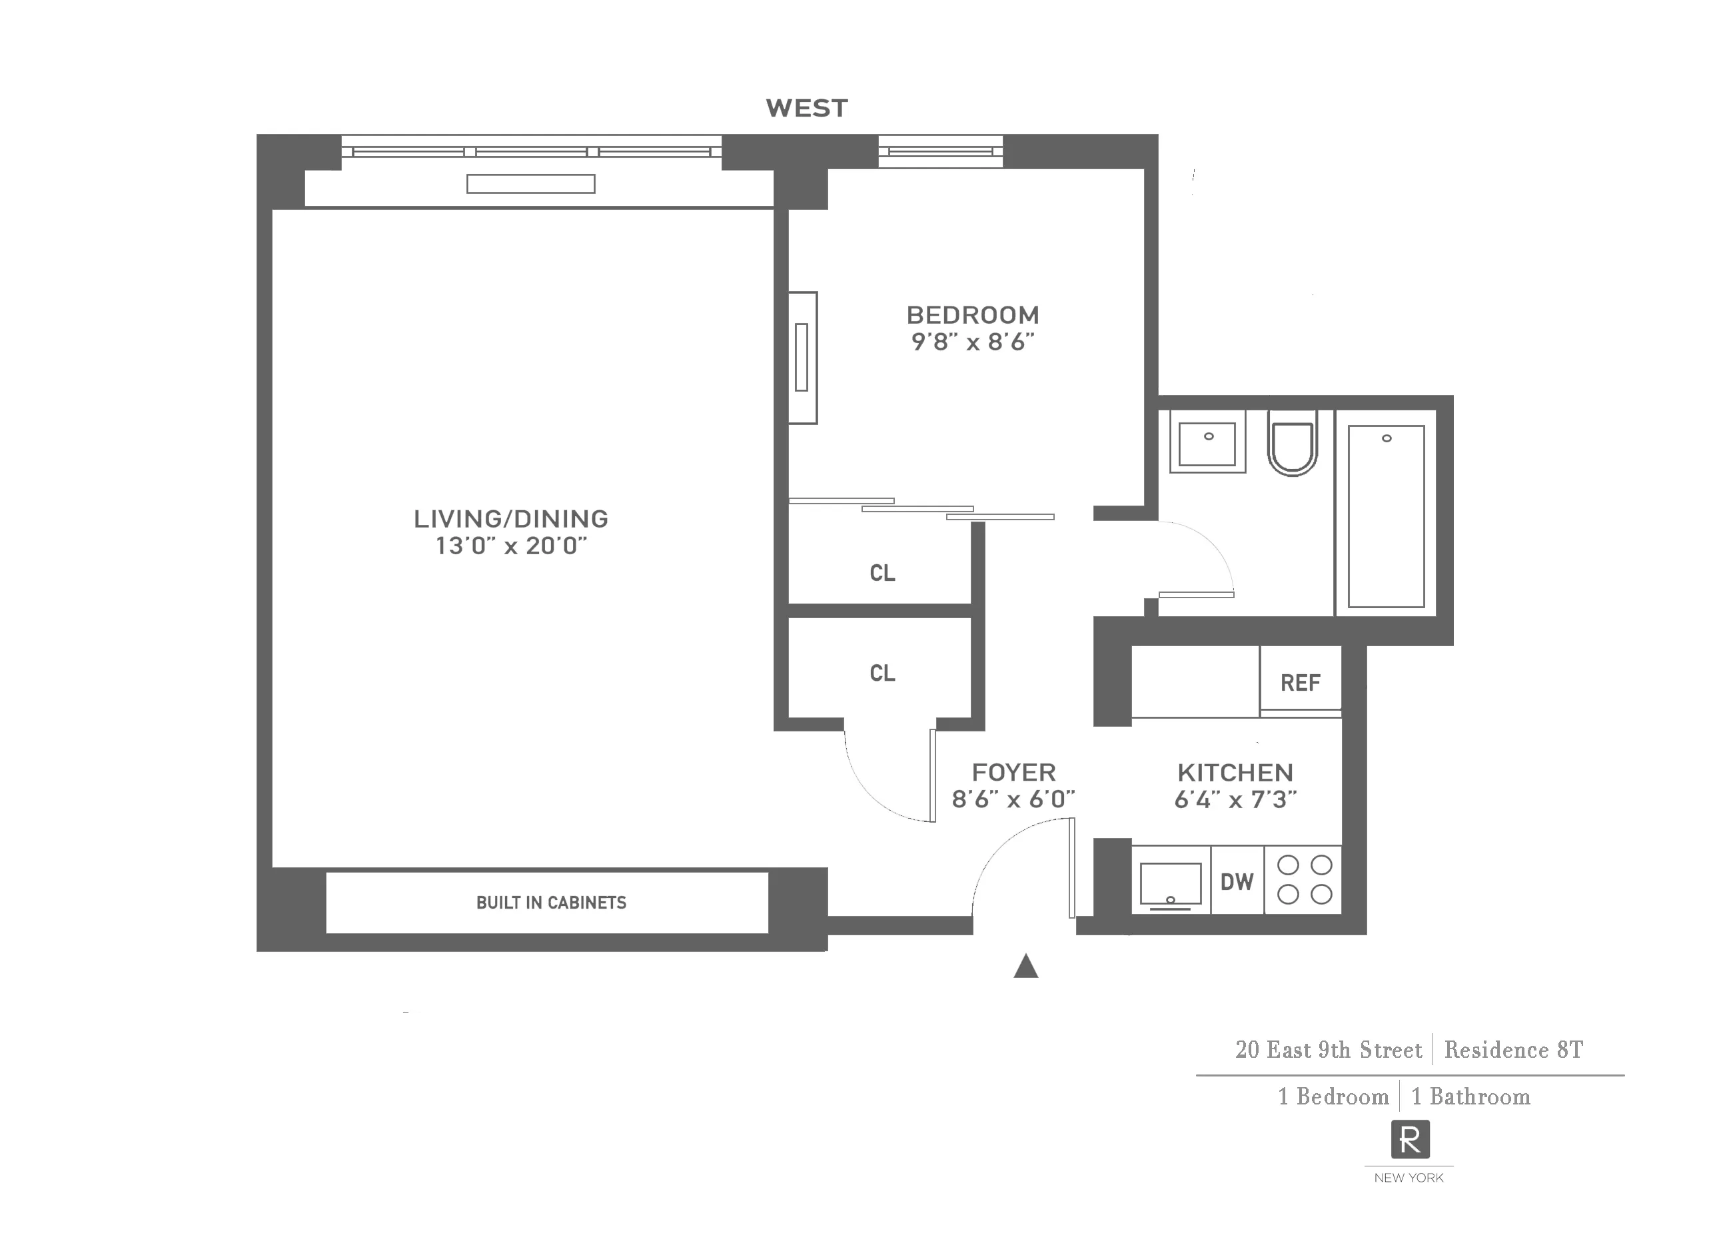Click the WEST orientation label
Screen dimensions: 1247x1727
coord(806,108)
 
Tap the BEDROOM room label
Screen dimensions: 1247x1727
coord(972,314)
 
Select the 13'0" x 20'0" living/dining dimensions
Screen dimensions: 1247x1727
coord(511,546)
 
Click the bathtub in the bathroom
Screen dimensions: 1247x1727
coord(1386,516)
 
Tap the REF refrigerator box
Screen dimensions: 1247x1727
coord(1300,682)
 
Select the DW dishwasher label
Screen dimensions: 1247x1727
coord(1237,881)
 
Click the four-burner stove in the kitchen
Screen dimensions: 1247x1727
coord(1304,879)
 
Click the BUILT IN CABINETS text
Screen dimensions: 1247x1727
coord(551,902)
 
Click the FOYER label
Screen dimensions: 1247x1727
coord(1013,772)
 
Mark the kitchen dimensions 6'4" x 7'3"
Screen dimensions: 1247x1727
coord(1235,799)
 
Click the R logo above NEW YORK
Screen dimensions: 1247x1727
coord(1409,1140)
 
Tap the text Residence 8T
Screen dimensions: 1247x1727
coord(1513,1050)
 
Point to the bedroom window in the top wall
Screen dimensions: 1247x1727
coord(940,151)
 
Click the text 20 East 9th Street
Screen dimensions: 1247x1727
coord(1328,1050)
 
